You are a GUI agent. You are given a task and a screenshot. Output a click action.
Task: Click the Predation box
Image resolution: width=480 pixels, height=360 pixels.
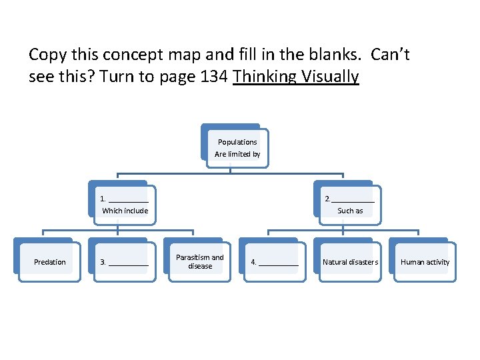coord(50,262)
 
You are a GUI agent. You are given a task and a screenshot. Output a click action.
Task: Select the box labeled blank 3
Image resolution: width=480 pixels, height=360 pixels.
coord(124,262)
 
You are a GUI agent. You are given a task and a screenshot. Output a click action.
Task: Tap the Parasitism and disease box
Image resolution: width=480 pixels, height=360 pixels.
coord(200,262)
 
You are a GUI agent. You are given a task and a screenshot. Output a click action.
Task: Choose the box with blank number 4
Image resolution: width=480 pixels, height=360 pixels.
coord(275,262)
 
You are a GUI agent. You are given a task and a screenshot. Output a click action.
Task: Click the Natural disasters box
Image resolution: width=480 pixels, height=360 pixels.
coord(350,262)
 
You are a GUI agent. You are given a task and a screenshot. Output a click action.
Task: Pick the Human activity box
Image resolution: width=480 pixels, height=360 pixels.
coord(425,262)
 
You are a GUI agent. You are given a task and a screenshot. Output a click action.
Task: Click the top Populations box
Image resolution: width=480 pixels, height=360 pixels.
coord(237,142)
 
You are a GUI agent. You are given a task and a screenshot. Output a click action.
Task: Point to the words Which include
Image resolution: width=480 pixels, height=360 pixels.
coord(125,211)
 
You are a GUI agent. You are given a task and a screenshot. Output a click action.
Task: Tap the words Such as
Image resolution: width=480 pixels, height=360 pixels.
coord(350,211)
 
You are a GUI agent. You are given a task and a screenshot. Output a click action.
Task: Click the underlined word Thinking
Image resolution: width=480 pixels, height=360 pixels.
coord(265,77)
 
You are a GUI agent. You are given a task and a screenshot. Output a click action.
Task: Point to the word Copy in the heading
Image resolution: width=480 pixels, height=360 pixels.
coord(49,55)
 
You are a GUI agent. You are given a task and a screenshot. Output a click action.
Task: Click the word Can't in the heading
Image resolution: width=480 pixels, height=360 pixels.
coord(390,55)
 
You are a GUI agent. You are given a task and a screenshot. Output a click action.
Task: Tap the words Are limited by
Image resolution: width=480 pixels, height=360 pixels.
coord(237,154)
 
